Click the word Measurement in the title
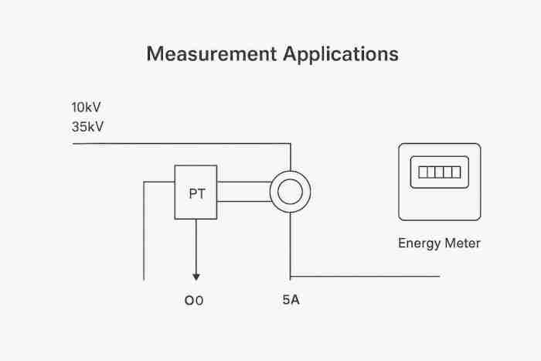point(210,55)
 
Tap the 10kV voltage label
point(86,107)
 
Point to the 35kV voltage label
point(87,127)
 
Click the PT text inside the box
point(197,193)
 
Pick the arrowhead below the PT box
point(196,276)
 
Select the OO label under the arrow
point(194,301)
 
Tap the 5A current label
point(291,299)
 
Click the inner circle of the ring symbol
point(290,192)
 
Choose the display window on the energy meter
point(439,172)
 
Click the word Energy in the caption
point(418,244)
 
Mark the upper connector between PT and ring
point(243,182)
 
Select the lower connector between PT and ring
point(243,202)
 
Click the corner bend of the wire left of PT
point(145,182)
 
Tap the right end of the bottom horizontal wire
point(439,275)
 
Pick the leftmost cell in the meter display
point(423,172)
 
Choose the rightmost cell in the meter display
point(456,172)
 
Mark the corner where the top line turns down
point(290,144)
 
